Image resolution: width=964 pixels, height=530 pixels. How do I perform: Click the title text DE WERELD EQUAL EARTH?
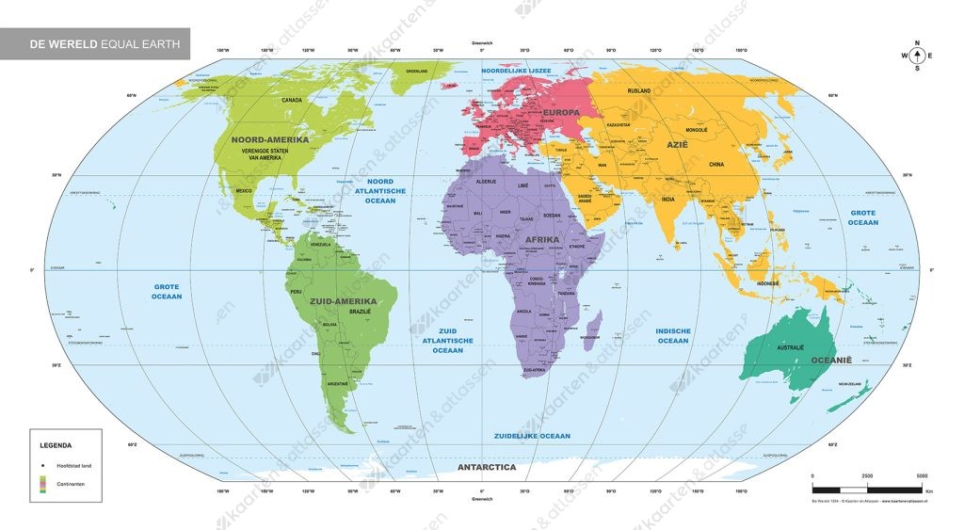[93, 43]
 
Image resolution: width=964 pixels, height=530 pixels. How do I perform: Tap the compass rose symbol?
[917, 56]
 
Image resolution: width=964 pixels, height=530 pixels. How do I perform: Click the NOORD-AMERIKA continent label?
[270, 139]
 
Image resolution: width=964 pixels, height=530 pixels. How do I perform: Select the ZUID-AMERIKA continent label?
[343, 301]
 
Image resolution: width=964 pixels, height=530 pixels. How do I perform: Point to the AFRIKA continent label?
[542, 239]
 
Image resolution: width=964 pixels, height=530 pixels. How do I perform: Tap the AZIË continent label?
[678, 144]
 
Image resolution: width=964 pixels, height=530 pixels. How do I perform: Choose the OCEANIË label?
[831, 360]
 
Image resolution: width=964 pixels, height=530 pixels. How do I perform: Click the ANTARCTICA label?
[486, 467]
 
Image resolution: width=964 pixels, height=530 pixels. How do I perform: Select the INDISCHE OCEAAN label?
[673, 335]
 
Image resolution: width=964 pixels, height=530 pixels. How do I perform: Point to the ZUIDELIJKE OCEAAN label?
[532, 436]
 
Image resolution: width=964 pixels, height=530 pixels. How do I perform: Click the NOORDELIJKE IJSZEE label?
[516, 71]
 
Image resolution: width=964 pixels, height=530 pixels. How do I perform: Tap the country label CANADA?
[292, 100]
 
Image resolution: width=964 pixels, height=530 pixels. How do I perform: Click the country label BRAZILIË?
[361, 311]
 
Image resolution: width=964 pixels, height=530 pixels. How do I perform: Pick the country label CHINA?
[717, 164]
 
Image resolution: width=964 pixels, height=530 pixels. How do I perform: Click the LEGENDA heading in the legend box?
[56, 444]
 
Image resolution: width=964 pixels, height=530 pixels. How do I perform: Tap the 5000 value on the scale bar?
[922, 476]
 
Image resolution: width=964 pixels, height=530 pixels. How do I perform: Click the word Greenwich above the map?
[481, 42]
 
